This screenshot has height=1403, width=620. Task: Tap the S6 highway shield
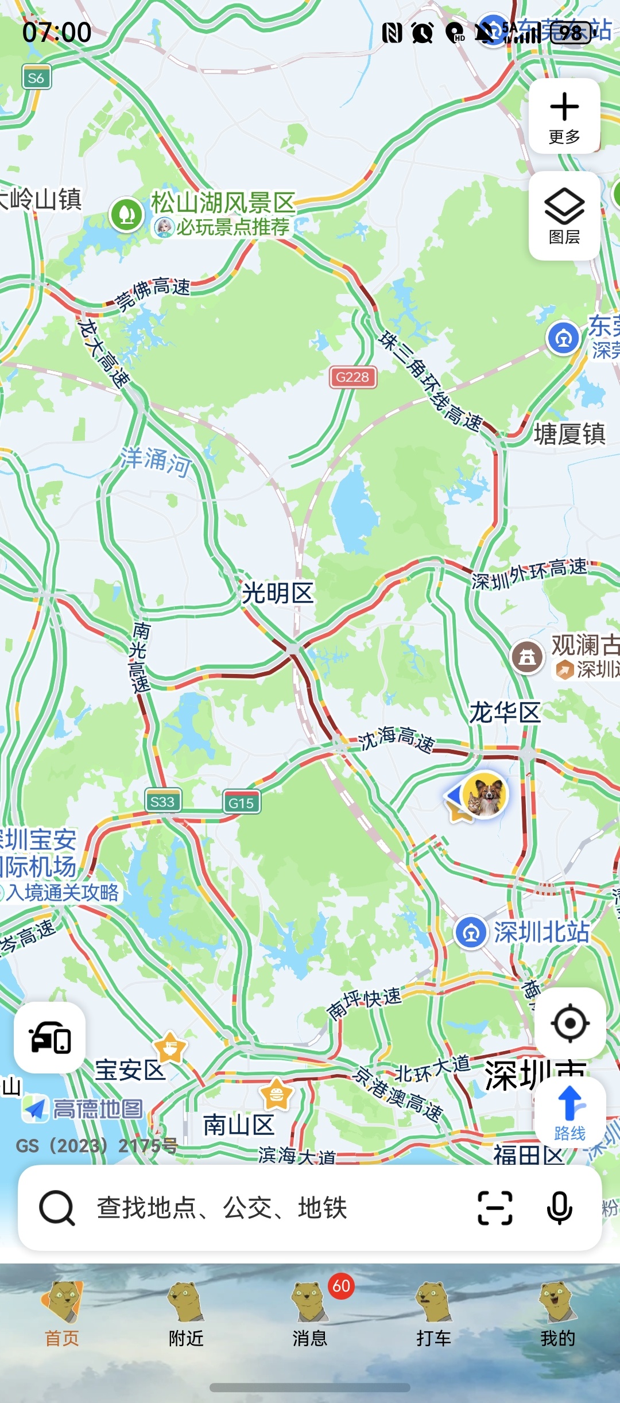(x=36, y=78)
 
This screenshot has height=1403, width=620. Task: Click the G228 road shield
(x=352, y=377)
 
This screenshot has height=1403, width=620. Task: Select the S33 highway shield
(x=162, y=801)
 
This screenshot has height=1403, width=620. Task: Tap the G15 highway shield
(x=241, y=803)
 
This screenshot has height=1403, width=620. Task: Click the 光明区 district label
(x=278, y=593)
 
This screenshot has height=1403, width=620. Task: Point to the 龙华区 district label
(x=505, y=712)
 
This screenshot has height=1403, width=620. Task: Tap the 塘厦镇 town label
(x=569, y=434)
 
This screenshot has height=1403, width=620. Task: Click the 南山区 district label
(x=239, y=1125)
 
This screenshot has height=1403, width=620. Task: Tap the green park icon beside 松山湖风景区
(x=126, y=215)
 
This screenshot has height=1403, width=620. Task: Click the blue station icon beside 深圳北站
(x=471, y=932)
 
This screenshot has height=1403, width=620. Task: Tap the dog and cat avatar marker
(x=485, y=794)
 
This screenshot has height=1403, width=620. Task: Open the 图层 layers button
(x=564, y=216)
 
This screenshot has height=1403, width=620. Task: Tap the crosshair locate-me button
(x=570, y=1023)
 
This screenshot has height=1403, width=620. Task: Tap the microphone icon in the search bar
(x=559, y=1208)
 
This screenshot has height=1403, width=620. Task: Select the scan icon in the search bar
(x=495, y=1208)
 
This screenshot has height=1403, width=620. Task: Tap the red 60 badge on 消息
(x=341, y=1286)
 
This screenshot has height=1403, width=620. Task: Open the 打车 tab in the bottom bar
(x=433, y=1315)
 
